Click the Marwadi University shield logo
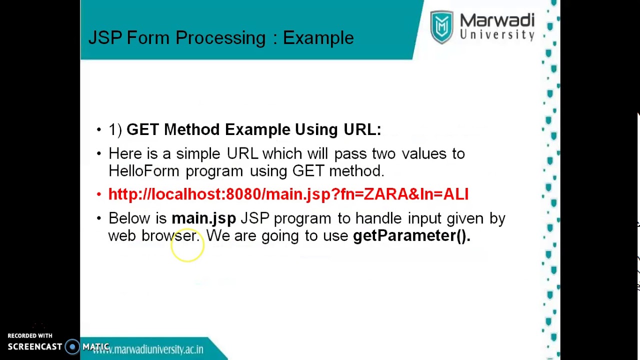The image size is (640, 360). [441, 27]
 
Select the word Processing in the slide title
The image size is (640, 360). [220, 38]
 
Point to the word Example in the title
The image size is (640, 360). [318, 38]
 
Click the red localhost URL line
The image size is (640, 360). [288, 194]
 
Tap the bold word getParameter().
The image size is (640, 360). [411, 235]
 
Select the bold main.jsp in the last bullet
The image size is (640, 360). [203, 218]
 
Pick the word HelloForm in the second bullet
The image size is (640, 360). [143, 171]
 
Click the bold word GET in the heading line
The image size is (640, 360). [142, 129]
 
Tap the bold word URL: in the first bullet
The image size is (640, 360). [362, 129]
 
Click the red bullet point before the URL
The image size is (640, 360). [99, 194]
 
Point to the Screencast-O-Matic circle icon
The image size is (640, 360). [72, 347]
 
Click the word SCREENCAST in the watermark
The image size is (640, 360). [35, 347]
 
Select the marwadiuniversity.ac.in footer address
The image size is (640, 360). [148, 349]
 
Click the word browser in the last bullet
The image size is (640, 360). [170, 235]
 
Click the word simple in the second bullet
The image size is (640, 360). [198, 154]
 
